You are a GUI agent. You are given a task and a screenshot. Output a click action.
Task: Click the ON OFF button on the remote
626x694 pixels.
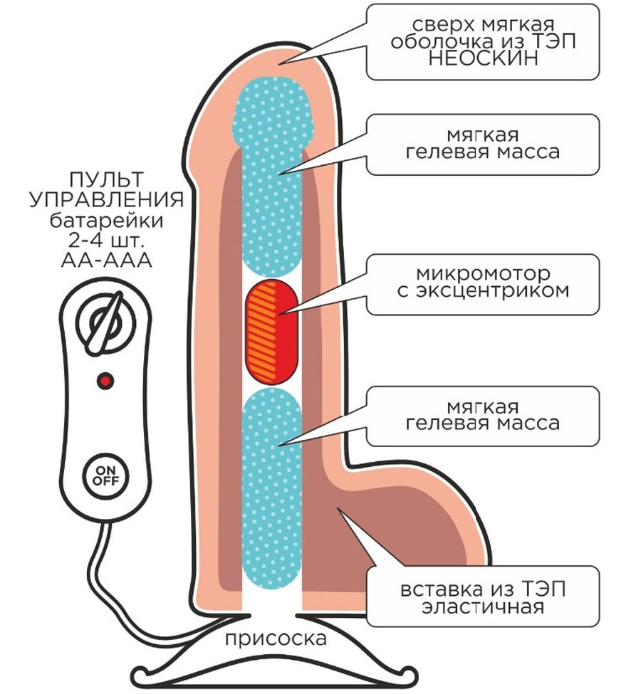click(x=106, y=475)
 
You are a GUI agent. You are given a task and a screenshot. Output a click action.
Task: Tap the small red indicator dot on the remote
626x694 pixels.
click(x=105, y=381)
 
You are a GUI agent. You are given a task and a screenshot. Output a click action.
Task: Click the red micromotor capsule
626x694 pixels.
click(x=272, y=330)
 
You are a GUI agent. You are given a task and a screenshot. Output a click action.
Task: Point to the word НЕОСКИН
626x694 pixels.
click(x=484, y=58)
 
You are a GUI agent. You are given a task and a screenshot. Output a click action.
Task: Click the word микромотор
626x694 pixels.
click(x=483, y=274)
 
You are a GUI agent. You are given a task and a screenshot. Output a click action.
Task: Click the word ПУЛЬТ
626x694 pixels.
click(x=107, y=180)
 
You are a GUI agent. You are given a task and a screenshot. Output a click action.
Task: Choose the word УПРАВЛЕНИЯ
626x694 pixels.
click(x=107, y=199)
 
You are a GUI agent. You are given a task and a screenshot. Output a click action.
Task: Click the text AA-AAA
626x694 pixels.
click(x=107, y=261)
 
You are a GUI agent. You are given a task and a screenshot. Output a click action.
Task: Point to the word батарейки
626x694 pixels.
click(x=107, y=220)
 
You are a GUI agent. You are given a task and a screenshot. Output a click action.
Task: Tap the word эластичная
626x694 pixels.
click(x=483, y=607)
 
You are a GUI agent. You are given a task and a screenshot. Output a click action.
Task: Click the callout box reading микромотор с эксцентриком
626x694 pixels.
click(x=483, y=284)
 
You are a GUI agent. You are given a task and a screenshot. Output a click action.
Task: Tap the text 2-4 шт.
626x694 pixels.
click(x=107, y=241)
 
